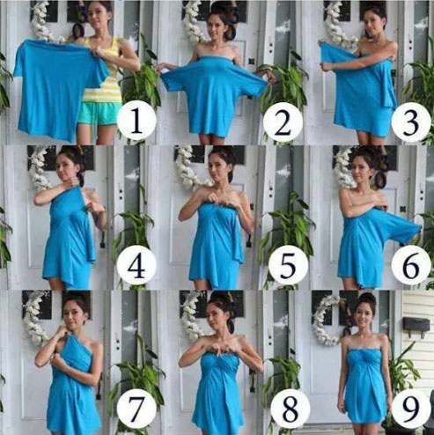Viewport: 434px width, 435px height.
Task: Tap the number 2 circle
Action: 283,122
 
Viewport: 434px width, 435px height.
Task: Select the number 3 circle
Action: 411,122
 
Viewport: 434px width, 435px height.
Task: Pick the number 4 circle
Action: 136,267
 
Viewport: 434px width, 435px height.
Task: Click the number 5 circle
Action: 288,265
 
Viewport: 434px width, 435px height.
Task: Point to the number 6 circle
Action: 411,265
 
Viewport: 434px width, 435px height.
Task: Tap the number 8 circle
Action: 290,409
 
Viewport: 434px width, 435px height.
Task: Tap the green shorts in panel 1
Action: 99,114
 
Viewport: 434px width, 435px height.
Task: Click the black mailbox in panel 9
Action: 416,325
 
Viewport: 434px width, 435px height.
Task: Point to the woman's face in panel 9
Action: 364,315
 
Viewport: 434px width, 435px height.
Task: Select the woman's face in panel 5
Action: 219,168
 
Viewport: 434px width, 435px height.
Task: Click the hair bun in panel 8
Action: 222,296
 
